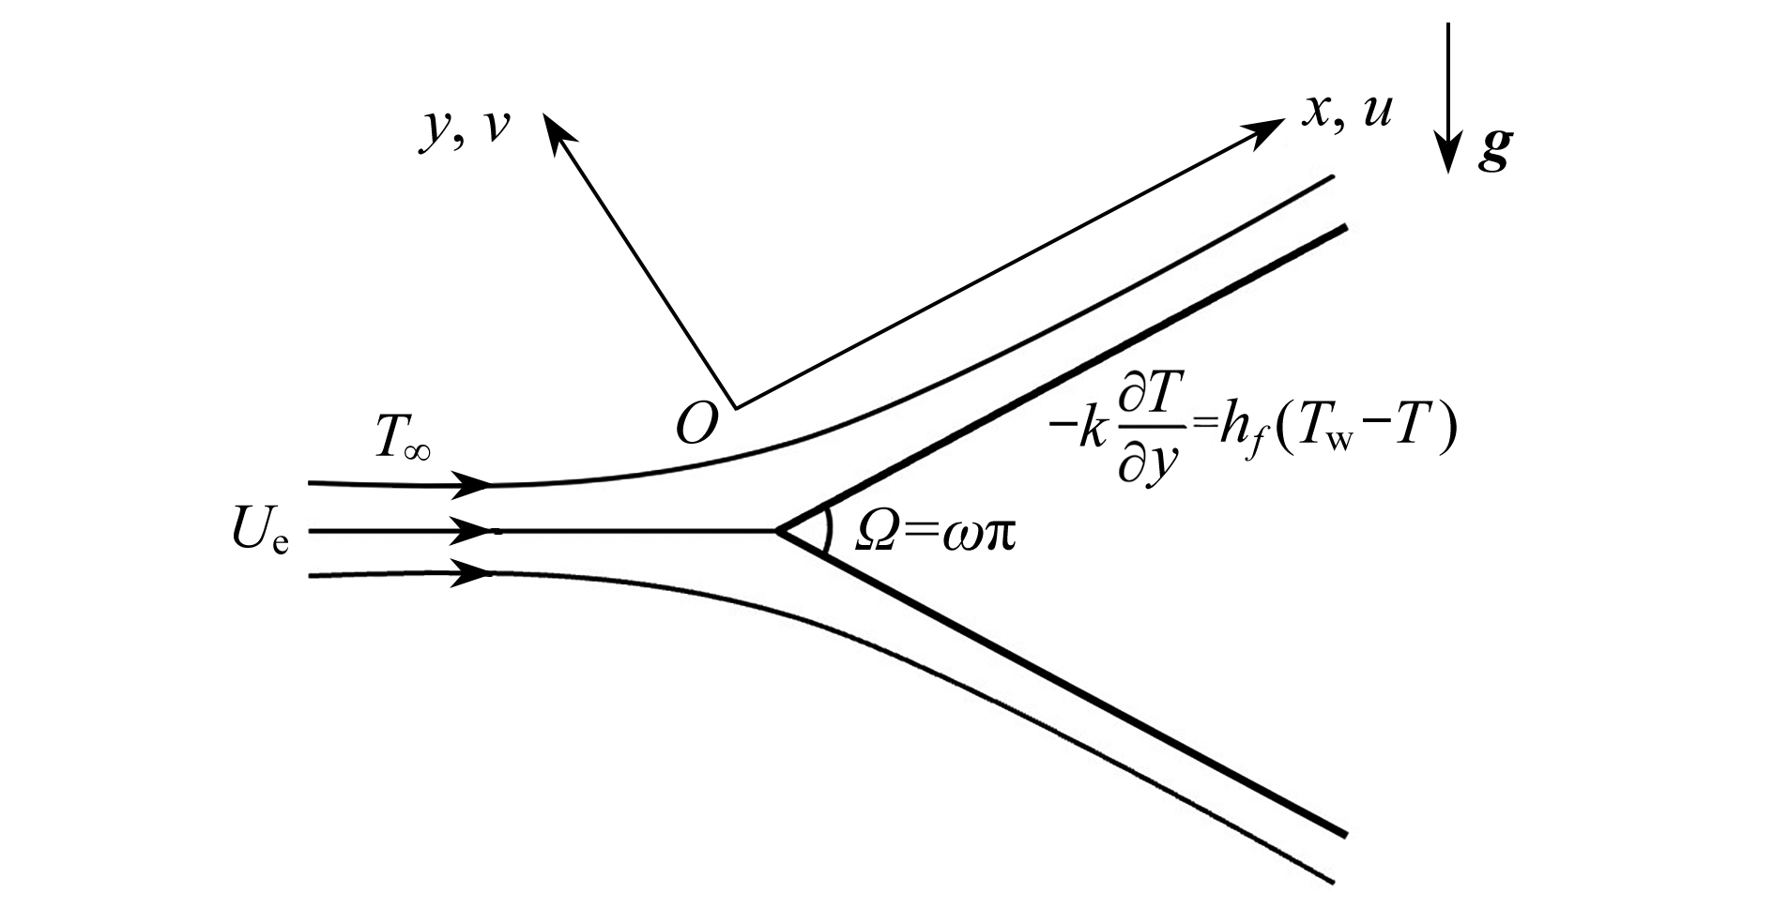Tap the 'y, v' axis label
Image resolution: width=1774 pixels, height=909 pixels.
click(x=464, y=129)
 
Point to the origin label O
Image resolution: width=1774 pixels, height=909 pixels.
click(x=696, y=424)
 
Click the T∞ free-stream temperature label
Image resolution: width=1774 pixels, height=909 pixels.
click(x=404, y=441)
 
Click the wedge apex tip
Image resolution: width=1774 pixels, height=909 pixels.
click(x=777, y=532)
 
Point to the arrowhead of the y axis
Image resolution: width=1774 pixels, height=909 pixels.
click(x=554, y=129)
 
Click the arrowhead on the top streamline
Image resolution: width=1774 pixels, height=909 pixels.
click(x=472, y=485)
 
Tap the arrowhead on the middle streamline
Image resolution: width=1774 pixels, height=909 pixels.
click(x=472, y=532)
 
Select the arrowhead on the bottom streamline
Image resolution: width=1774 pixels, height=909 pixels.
click(x=472, y=572)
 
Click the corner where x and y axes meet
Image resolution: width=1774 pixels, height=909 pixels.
click(x=735, y=407)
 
